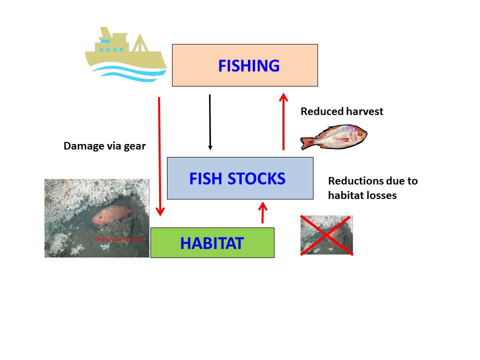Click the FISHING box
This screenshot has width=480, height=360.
pos(244,65)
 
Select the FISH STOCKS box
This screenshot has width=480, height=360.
pos(240,178)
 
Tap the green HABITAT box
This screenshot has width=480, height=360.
pos(212,243)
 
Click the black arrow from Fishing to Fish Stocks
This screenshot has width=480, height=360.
pos(210,122)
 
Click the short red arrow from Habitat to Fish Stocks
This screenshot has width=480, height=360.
pos(262,212)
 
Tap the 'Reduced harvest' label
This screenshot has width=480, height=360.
pos(341,111)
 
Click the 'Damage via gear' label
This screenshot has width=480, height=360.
pos(104,146)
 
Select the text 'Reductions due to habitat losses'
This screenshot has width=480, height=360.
pos(372,188)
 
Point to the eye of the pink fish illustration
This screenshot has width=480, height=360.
pos(359,133)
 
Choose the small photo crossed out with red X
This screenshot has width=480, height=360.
pos(326,235)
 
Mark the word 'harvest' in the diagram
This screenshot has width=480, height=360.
pos(363,111)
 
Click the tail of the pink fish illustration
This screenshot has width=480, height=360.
pos(305,143)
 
